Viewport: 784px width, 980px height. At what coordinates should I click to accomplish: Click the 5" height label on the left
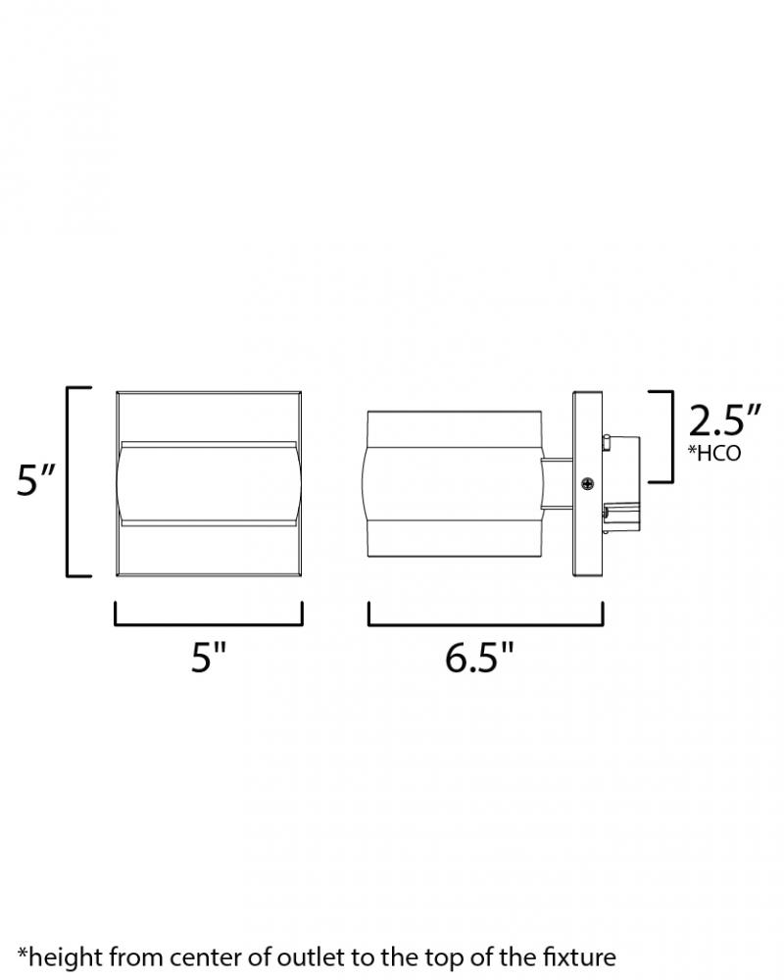tap(37, 479)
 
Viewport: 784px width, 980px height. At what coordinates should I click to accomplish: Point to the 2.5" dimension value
tap(724, 420)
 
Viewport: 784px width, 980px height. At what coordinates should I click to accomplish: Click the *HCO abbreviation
tap(714, 453)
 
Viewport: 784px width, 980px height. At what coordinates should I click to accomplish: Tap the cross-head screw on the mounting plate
tap(588, 483)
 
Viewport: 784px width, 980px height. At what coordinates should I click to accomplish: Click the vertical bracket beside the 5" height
tap(78, 482)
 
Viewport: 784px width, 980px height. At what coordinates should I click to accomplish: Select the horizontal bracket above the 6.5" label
tap(486, 614)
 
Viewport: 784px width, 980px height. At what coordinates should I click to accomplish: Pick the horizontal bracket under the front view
tap(209, 614)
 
